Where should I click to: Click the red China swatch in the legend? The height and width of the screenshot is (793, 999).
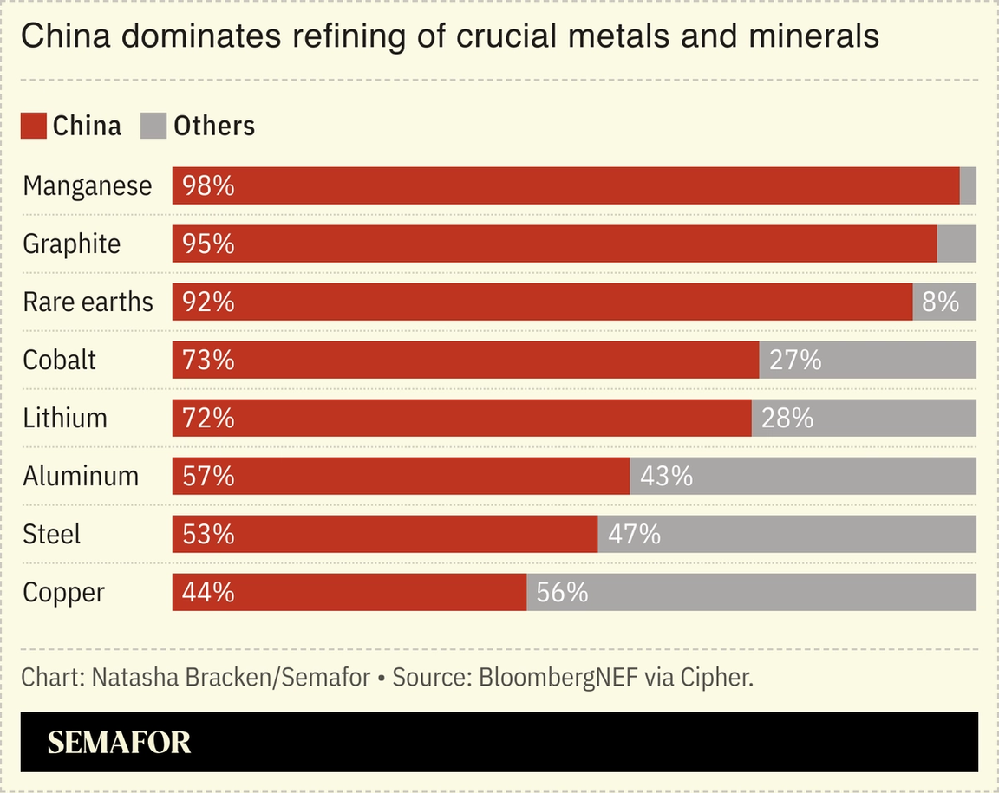point(33,126)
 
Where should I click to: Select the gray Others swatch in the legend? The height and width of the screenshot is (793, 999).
point(153,126)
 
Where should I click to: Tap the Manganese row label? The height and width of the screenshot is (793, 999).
point(87,185)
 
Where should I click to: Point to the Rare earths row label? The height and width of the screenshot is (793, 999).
point(88,302)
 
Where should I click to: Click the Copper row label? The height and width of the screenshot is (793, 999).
point(63,593)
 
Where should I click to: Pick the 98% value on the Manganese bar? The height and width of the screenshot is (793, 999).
point(208,185)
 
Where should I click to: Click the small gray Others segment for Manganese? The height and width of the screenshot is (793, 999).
point(968,185)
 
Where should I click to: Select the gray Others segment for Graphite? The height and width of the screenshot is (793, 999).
point(957,244)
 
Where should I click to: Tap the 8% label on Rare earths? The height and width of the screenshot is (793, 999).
point(941,302)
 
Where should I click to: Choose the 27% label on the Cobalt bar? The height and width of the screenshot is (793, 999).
point(795,360)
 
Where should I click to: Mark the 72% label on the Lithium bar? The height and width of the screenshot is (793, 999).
point(208,418)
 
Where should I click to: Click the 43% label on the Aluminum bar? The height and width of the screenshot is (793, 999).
point(666,476)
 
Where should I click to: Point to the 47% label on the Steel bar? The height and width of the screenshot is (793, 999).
point(634,534)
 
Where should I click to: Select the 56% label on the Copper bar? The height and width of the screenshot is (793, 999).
point(562,592)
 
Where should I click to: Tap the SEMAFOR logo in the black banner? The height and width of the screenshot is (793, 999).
point(119,743)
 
